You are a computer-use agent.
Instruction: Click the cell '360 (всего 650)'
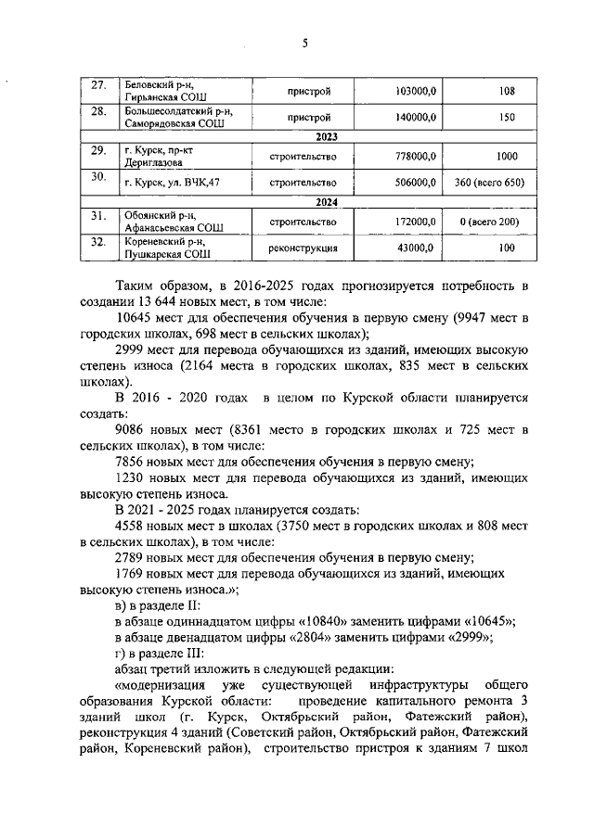tap(489, 184)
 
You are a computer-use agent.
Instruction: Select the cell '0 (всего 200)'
tap(489, 222)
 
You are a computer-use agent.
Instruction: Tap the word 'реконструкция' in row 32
tap(302, 249)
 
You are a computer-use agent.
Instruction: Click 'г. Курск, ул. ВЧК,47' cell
tap(172, 184)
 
